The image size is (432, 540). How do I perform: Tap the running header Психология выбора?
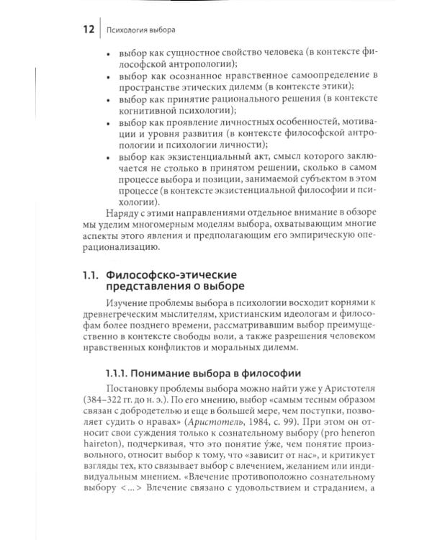(141, 31)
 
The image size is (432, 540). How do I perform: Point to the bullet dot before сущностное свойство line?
(108, 53)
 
